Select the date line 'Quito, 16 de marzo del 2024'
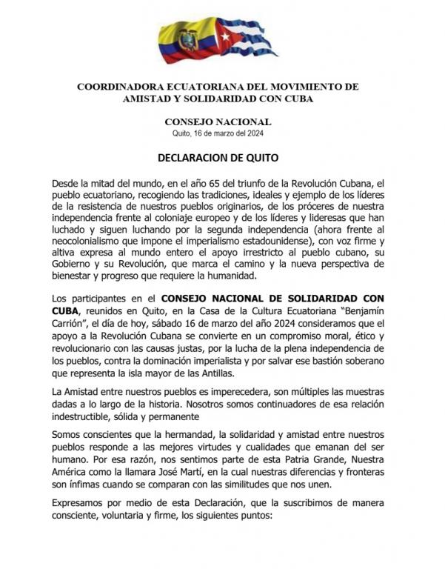click(218, 133)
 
